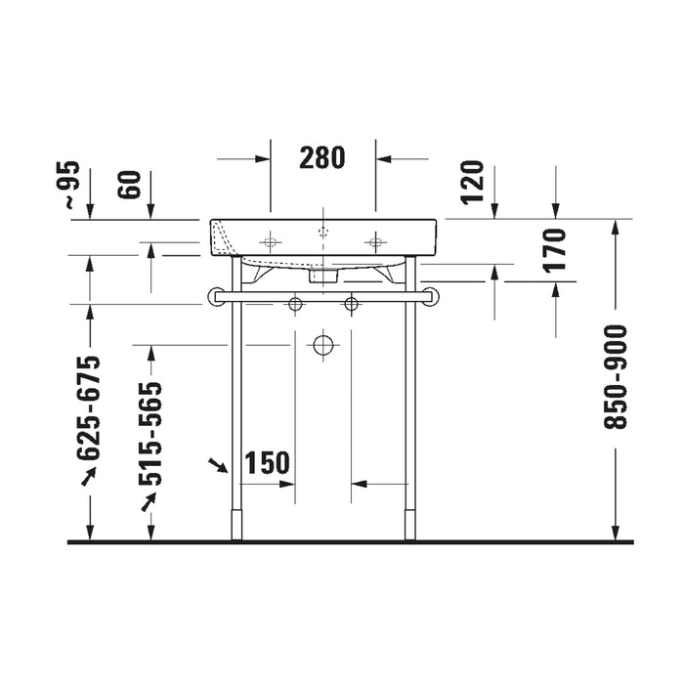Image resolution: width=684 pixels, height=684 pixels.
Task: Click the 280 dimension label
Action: coord(321,157)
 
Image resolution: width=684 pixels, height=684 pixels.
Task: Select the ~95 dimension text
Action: coord(69,184)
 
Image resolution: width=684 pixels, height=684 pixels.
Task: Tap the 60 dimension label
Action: coord(131,185)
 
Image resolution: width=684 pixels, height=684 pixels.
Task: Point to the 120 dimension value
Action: coord(473,182)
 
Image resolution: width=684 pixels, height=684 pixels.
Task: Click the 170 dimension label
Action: coord(554,250)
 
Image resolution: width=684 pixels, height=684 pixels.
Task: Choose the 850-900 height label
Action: coord(615,377)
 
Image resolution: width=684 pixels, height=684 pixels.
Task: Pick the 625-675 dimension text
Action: coord(89,407)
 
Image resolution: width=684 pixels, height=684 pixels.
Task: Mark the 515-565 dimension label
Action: coord(150,434)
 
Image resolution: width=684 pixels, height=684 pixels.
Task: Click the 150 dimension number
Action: coord(267,462)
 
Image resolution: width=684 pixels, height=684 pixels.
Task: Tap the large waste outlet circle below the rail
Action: coord(323,346)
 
